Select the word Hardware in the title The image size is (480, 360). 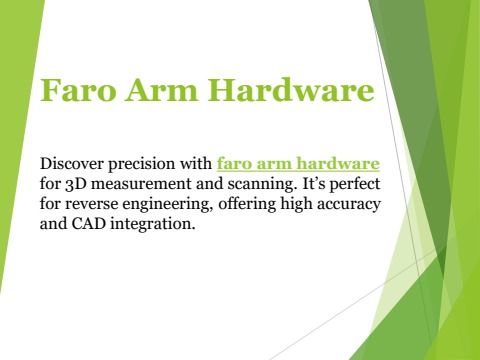[292, 92]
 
